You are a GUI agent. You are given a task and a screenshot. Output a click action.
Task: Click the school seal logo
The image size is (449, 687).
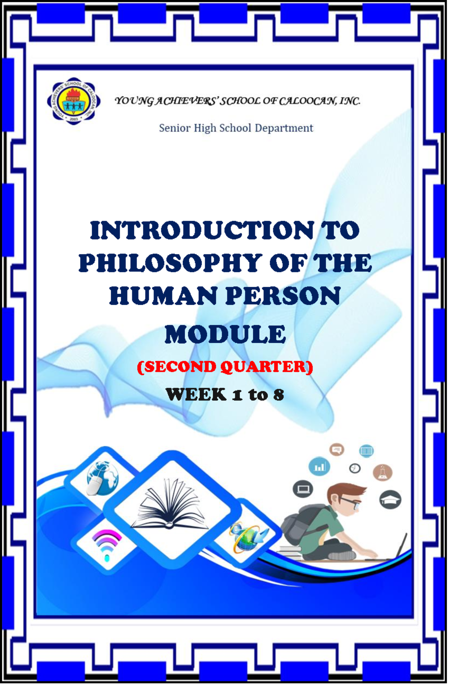coord(74,101)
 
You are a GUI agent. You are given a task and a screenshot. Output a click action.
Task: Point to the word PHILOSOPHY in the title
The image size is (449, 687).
coord(171,263)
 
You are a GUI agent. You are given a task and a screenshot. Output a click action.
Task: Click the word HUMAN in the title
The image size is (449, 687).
coord(162,296)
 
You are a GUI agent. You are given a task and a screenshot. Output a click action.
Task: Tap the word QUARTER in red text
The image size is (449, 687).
coord(266,367)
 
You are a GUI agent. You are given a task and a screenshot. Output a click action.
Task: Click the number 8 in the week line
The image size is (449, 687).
coord(278,395)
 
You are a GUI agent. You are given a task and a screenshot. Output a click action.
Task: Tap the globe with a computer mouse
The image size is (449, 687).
coord(101,479)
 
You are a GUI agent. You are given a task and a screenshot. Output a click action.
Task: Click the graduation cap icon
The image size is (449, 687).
coord(390,499)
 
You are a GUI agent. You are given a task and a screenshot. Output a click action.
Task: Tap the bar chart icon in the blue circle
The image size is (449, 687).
coord(319,466)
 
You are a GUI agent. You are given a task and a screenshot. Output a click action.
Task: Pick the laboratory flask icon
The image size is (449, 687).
coord(382,473)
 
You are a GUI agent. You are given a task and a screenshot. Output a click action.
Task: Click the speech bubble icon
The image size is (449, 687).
coord(337,449)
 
